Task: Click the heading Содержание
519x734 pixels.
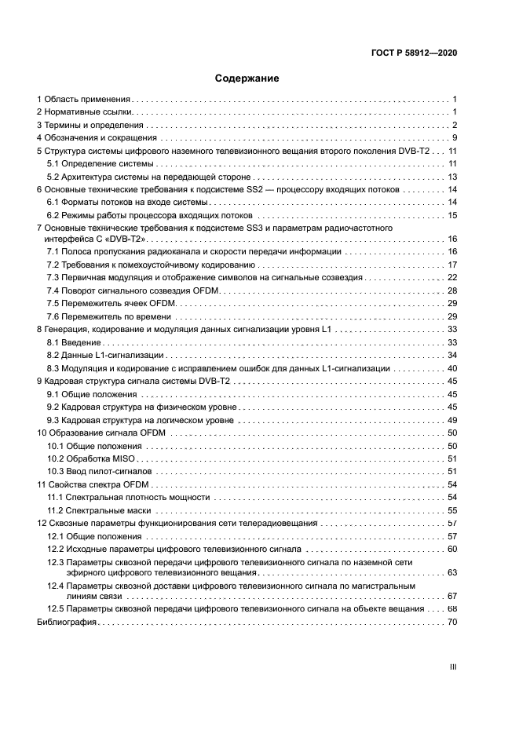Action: point(247,79)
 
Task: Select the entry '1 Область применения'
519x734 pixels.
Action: point(84,100)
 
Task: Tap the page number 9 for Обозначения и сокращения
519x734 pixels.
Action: point(455,138)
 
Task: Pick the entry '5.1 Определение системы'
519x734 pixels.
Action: point(98,163)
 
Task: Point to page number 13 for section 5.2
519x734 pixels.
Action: point(452,177)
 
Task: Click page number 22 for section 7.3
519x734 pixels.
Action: point(451,277)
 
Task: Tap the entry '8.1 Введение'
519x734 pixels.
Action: point(73,342)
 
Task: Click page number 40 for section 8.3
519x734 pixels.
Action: point(451,368)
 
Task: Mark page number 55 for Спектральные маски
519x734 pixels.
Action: point(451,509)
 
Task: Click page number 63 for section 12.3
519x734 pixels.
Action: point(451,573)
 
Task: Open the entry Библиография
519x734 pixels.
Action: point(67,622)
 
